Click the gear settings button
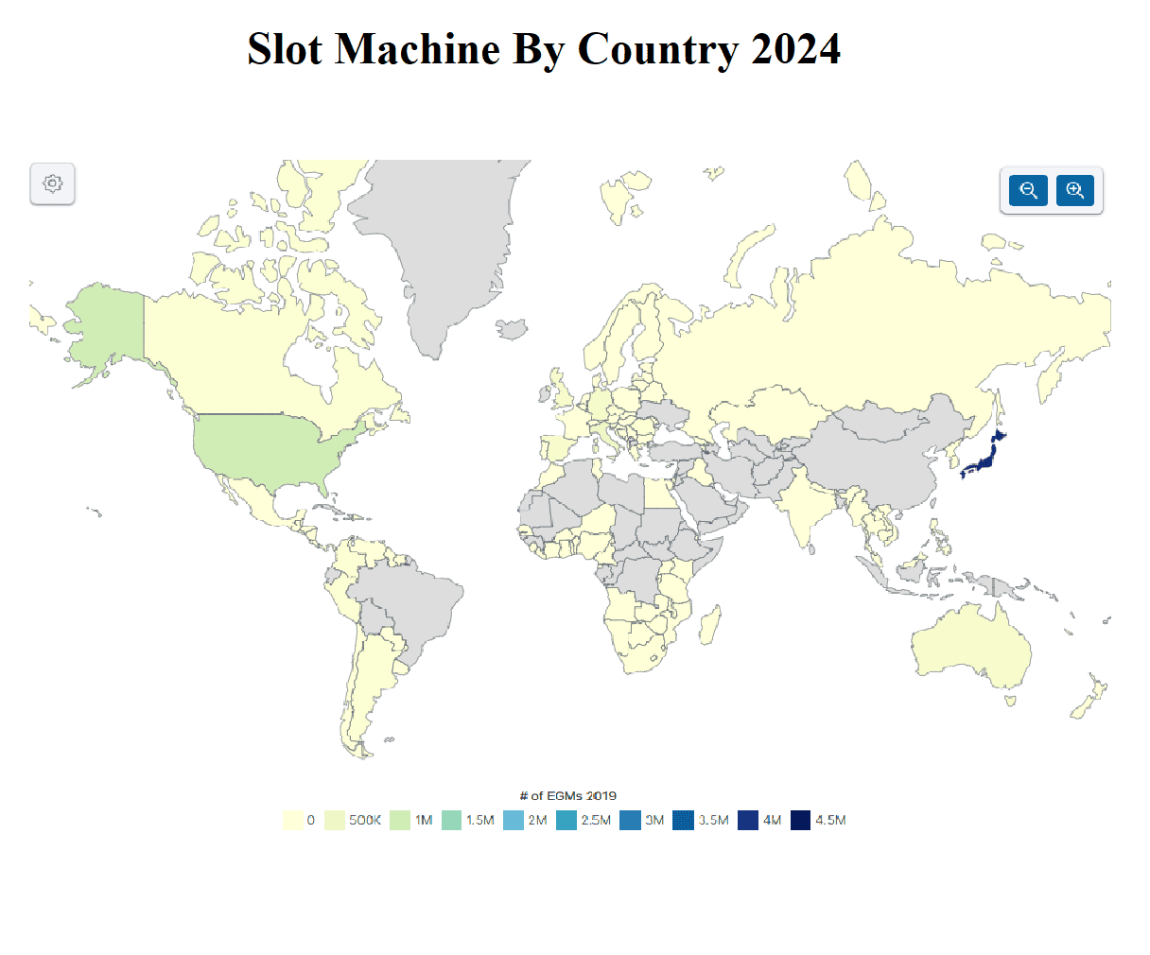(53, 183)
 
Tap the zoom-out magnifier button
(1028, 190)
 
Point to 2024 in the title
(795, 49)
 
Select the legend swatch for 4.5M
(801, 820)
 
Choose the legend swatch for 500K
(335, 820)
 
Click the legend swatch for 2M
(514, 820)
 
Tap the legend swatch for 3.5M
(684, 820)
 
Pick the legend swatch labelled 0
(293, 820)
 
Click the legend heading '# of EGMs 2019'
(567, 795)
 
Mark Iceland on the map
(513, 328)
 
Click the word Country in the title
(657, 49)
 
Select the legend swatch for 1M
(400, 820)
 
